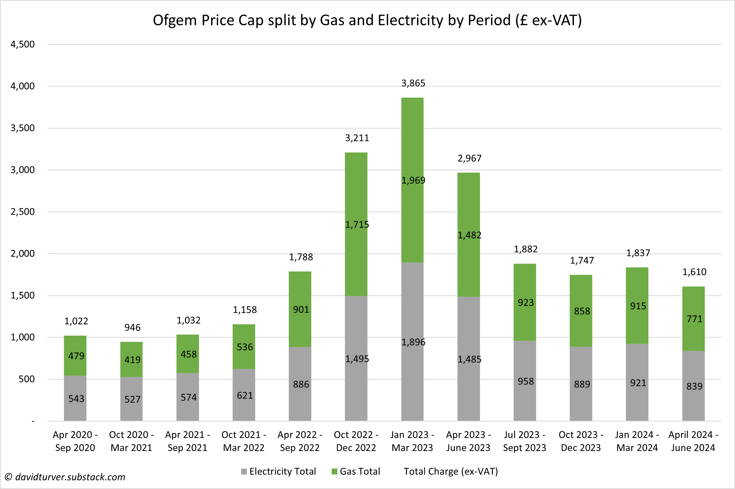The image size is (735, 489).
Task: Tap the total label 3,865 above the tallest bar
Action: (413, 83)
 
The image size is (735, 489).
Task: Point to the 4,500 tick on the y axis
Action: (23, 44)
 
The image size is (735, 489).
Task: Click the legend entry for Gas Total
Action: (356, 471)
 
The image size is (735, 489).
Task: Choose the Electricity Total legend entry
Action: (278, 471)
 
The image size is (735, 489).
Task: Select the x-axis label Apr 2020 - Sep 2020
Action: (75, 441)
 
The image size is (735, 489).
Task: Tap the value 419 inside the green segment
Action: (132, 360)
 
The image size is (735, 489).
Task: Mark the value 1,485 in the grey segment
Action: (469, 359)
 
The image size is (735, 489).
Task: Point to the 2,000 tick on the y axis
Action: (23, 254)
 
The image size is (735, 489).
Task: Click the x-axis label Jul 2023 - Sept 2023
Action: (524, 441)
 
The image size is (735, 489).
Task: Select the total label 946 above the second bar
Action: (132, 328)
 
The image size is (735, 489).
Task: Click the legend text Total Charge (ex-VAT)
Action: (451, 471)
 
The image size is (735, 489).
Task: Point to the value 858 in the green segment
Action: (582, 311)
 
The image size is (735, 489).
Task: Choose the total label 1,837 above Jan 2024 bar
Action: (638, 253)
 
